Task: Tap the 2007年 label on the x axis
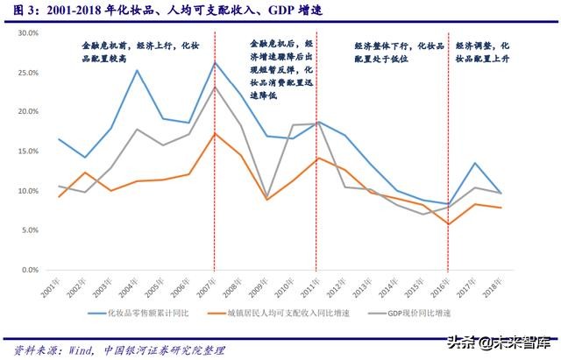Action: click(209, 286)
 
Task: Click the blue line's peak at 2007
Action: click(215, 62)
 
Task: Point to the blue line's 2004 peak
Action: click(137, 70)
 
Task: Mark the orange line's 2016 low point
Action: click(448, 224)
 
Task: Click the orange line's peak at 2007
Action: click(215, 133)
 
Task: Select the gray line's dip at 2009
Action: click(266, 199)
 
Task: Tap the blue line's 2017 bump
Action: click(474, 163)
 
